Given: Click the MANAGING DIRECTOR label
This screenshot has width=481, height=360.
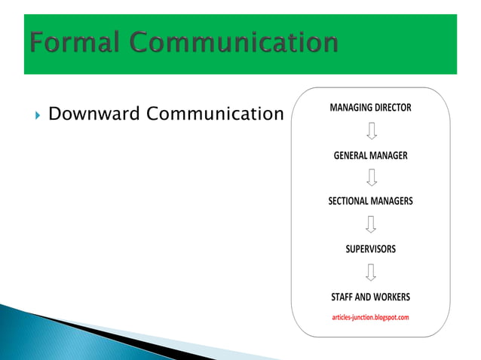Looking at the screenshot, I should pyautogui.click(x=370, y=108).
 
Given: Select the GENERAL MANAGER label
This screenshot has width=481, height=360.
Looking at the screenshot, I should pyautogui.click(x=370, y=155).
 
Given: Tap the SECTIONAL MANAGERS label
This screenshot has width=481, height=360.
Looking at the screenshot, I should pyautogui.click(x=370, y=201).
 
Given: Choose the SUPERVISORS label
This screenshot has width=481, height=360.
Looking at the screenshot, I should pyautogui.click(x=370, y=249).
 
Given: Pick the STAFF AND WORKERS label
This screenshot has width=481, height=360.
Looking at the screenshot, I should pyautogui.click(x=370, y=297).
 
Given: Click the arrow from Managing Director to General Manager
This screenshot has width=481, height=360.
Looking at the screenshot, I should pyautogui.click(x=371, y=131).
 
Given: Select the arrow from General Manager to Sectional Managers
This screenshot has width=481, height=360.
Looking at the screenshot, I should pyautogui.click(x=371, y=178).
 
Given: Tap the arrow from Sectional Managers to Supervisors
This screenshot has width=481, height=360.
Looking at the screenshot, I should pyautogui.click(x=371, y=224).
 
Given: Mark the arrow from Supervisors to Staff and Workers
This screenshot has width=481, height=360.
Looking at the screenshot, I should pyautogui.click(x=371, y=272).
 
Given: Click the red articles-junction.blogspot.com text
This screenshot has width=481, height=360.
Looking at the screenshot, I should pyautogui.click(x=370, y=317).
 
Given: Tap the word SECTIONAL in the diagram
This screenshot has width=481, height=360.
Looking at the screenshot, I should pyautogui.click(x=348, y=201).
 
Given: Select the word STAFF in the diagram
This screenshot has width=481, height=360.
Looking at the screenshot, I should pyautogui.click(x=343, y=297).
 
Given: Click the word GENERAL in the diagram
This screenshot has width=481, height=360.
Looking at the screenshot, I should pyautogui.click(x=351, y=155).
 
